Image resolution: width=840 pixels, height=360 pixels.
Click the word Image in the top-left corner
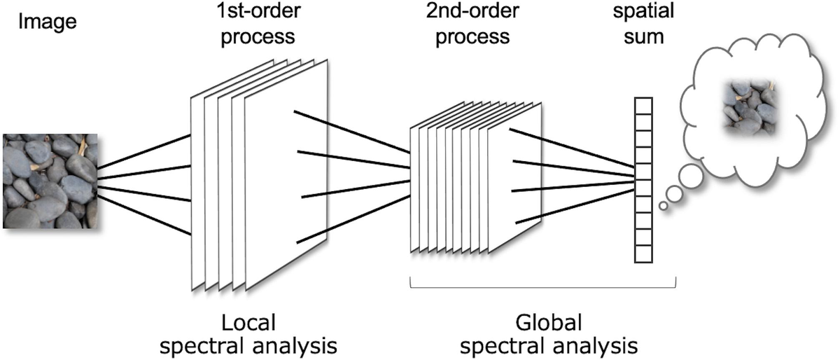47,23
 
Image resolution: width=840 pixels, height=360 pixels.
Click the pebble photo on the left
49,181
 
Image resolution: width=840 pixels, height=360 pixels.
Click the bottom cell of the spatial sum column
643,255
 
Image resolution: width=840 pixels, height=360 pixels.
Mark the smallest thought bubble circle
662,205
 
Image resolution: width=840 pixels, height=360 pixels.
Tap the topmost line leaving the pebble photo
143,151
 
